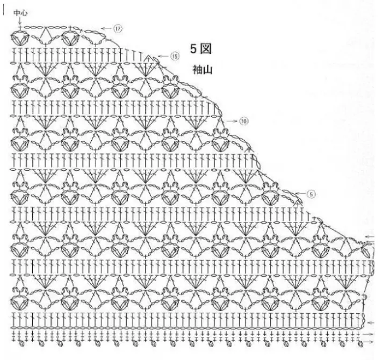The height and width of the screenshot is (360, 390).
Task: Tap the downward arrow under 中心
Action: pos(20,20)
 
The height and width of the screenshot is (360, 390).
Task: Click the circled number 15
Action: pos(175,56)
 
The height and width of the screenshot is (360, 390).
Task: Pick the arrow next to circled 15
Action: pos(164,56)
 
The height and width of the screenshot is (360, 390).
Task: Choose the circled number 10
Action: pos(244,121)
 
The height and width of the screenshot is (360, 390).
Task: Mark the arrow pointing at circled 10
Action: pos(232,121)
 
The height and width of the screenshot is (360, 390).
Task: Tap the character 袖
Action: pos(197,69)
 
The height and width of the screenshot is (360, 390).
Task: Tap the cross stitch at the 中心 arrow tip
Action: pos(20,27)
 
